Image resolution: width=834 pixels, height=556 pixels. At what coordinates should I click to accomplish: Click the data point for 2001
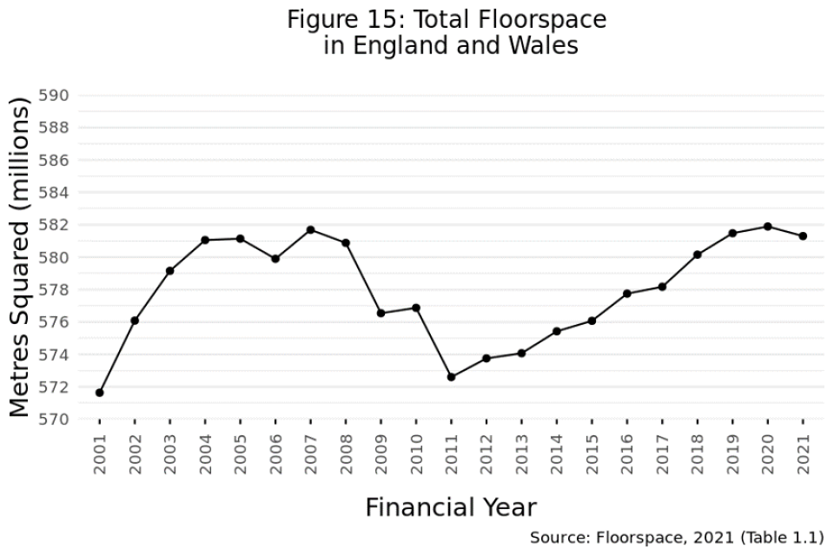[x=100, y=393]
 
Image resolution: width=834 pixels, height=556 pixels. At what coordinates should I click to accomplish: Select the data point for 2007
[x=310, y=229]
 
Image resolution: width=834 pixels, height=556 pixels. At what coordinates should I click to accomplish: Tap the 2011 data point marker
[x=451, y=377]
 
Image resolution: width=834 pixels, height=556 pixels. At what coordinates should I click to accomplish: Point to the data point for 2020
[x=767, y=227]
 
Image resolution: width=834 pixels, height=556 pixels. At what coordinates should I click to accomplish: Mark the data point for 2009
[x=381, y=313]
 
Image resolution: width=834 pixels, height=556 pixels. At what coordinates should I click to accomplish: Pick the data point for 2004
[x=205, y=240]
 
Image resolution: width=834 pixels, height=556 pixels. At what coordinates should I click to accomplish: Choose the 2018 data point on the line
[x=697, y=255]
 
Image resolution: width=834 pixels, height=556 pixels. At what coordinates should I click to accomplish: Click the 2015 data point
[x=592, y=321]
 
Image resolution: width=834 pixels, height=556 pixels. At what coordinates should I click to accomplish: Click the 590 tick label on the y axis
[x=61, y=96]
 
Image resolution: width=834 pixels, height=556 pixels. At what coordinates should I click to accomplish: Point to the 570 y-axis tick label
[x=61, y=420]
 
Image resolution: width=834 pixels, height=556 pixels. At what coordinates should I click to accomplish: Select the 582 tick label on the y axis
[x=61, y=225]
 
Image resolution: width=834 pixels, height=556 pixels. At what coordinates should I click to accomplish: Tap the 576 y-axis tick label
[x=61, y=322]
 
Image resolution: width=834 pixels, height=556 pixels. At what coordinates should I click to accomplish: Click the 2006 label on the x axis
[x=275, y=453]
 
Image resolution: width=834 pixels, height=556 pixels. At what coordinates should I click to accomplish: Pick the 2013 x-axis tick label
[x=521, y=453]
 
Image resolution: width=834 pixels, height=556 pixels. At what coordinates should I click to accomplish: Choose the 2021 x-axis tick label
[x=802, y=453]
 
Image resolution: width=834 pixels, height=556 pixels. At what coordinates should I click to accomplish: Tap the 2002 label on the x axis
[x=136, y=453]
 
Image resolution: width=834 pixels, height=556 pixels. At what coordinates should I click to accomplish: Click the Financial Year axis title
[x=451, y=507]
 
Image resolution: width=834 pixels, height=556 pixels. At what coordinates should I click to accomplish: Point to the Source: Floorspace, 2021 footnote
[x=676, y=538]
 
